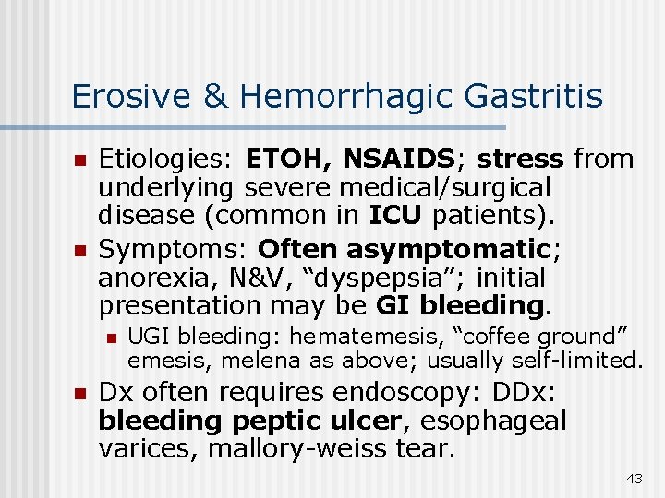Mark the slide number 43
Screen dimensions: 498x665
point(634,478)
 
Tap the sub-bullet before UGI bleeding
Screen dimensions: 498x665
point(111,338)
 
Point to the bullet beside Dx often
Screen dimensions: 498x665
point(79,394)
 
